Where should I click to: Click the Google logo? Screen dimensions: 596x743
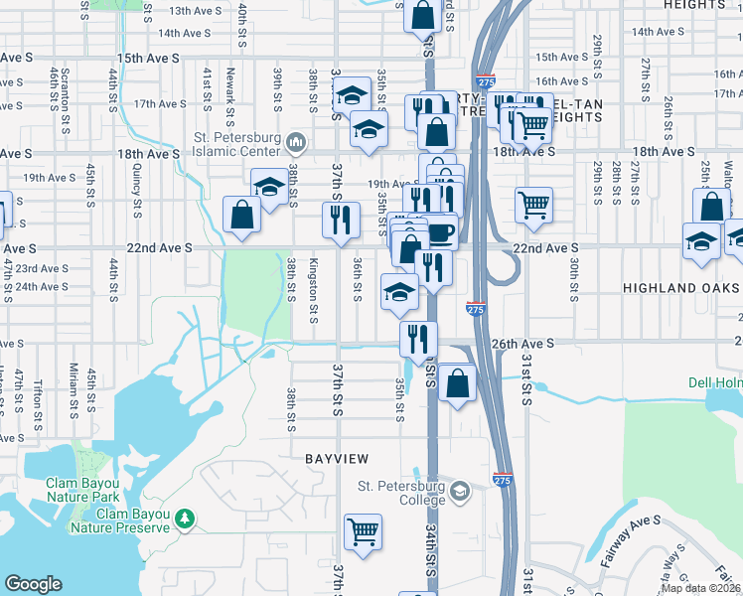34,584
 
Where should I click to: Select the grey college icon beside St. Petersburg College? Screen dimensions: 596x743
459,491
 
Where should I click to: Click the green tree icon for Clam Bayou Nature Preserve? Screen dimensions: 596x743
185,518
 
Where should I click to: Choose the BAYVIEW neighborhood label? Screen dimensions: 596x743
336,459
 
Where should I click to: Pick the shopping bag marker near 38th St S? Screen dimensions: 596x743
242,214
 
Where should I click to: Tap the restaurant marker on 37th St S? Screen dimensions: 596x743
342,219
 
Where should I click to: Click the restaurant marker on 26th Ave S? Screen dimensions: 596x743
418,338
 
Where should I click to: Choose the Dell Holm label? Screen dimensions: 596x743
714,382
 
